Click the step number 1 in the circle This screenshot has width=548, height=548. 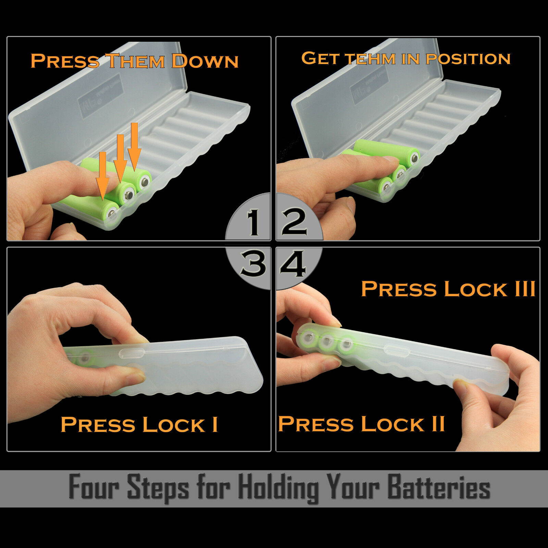pyautogui.click(x=254, y=223)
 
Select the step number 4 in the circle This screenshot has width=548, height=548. pyautogui.click(x=293, y=264)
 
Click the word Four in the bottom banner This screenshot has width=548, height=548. pyautogui.click(x=94, y=487)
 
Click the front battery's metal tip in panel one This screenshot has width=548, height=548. pyautogui.click(x=112, y=214)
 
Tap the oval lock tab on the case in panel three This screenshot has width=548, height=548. pyautogui.click(x=130, y=353)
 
